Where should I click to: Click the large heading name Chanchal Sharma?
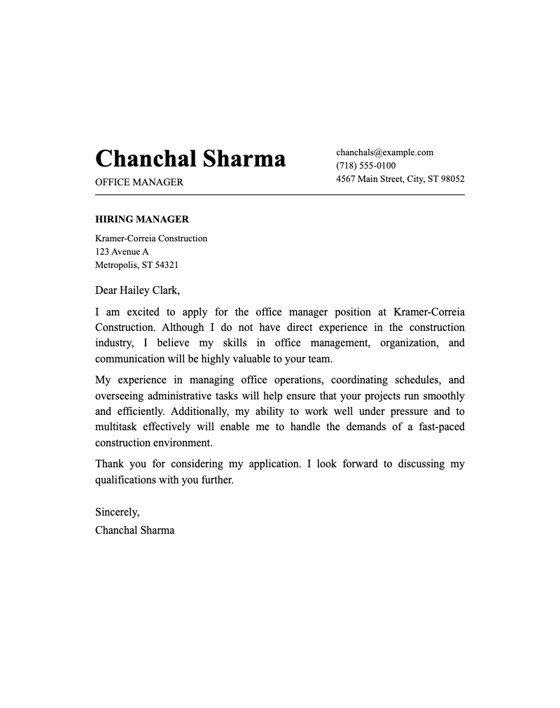(190, 159)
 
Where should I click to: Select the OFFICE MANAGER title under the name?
(139, 182)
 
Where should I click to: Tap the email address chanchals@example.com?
(384, 153)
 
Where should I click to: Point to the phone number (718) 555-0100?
(365, 166)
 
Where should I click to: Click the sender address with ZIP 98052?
(400, 179)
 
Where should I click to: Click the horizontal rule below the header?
(280, 195)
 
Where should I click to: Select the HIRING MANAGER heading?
(142, 220)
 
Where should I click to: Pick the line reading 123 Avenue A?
(122, 252)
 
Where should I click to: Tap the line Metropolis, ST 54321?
(136, 265)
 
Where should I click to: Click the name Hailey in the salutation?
(134, 290)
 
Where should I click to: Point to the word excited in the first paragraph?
(143, 312)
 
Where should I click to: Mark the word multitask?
(115, 427)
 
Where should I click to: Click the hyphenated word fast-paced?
(438, 427)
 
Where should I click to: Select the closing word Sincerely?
(117, 513)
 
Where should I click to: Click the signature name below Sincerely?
(134, 530)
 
